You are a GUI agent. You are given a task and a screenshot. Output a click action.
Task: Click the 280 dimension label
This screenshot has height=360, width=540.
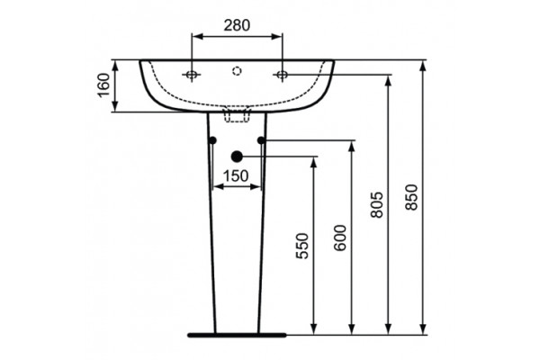coord(237,25)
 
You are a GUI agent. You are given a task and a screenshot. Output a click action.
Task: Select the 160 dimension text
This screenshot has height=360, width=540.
coord(103,85)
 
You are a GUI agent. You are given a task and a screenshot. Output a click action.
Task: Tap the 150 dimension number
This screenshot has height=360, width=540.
coord(236,176)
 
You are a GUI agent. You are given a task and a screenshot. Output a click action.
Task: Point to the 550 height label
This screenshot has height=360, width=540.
coord(302,246)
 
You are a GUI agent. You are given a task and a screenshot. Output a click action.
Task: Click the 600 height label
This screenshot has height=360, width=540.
coord(340,238)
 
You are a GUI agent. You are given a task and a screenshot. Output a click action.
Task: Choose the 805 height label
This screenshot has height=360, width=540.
coord(377,205)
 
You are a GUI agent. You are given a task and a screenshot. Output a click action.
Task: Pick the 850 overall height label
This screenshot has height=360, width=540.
coord(411,197)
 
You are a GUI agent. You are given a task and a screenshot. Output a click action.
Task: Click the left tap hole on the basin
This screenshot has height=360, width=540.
coord(193,75)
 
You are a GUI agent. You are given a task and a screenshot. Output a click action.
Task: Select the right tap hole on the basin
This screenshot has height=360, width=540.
coord(282,75)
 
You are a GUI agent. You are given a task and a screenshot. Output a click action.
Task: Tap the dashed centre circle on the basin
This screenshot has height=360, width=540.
coord(237,71)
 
